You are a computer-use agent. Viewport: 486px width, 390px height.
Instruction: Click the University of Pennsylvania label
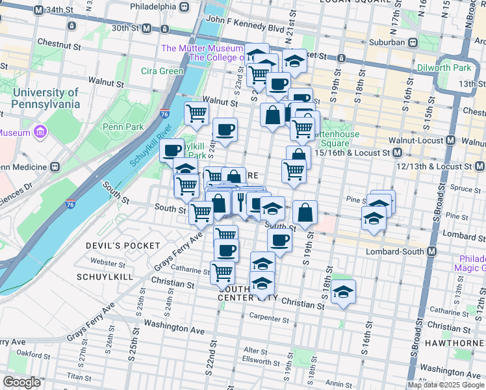tap(45, 98)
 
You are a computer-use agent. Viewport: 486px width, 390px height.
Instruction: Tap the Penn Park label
tap(122, 127)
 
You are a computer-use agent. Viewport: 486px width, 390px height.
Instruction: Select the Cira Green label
tap(162, 71)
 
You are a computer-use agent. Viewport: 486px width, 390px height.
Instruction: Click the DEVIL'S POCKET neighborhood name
tap(123, 245)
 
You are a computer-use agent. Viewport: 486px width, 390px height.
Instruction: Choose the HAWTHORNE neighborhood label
tap(454, 342)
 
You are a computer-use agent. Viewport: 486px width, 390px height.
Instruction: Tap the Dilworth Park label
tap(454, 67)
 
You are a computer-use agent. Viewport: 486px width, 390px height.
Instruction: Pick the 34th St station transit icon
tap(40, 10)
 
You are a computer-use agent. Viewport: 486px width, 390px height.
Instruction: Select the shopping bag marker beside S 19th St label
tap(305, 211)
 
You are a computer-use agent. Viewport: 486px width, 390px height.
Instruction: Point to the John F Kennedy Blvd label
tap(244, 29)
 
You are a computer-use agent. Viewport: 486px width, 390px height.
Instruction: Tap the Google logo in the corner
tap(21, 382)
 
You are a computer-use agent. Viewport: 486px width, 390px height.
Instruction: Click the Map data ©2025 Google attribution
tap(445, 385)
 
